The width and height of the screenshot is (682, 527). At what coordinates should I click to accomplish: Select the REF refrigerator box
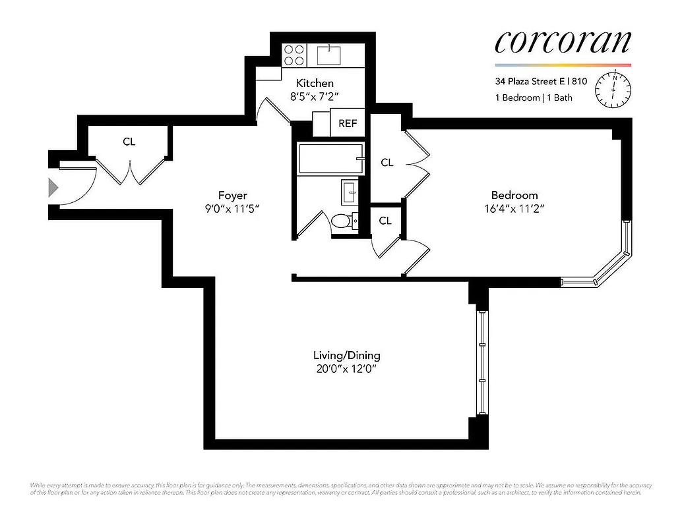(x=347, y=123)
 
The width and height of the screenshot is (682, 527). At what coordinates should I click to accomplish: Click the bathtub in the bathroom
(x=330, y=159)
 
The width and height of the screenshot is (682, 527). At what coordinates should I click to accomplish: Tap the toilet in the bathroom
(x=343, y=221)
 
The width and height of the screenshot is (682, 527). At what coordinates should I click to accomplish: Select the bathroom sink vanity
(x=350, y=192)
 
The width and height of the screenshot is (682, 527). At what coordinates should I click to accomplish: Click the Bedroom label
(x=514, y=195)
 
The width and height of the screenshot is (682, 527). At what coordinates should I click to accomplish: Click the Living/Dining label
(x=346, y=355)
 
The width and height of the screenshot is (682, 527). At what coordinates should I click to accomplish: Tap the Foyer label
(x=233, y=195)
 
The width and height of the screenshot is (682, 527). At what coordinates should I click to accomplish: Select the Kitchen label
(x=315, y=84)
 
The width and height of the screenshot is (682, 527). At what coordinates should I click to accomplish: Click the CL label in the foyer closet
(x=129, y=142)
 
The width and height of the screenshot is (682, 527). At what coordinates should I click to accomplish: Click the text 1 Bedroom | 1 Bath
(x=534, y=98)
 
